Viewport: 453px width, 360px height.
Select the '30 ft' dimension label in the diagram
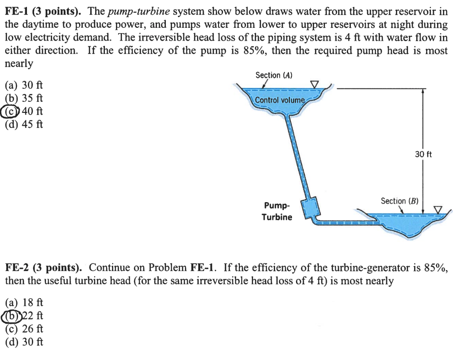tap(423, 154)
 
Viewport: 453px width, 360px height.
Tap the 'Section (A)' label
tap(274, 75)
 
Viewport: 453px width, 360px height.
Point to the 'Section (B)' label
tap(399, 201)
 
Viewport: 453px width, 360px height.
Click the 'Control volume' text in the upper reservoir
tap(280, 100)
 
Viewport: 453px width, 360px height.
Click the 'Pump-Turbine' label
tap(277, 211)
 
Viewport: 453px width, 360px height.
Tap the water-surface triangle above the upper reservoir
tap(315, 83)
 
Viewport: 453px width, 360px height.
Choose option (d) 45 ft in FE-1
tap(24, 124)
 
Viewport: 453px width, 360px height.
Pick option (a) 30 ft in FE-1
tap(24, 84)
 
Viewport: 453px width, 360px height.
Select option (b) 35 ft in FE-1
tap(24, 98)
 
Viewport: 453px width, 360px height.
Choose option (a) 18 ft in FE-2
tap(24, 303)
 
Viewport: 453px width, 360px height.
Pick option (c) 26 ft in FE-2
tap(24, 329)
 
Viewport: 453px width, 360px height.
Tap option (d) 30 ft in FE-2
tap(24, 342)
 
